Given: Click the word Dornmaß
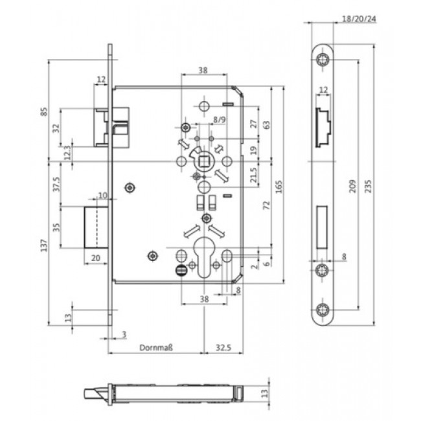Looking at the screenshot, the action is point(156,348).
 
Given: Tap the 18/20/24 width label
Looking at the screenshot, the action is point(359,19).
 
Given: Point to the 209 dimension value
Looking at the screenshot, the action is point(352,186).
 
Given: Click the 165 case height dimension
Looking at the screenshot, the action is point(279,187).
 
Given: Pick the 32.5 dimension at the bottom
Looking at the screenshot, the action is point(223,348).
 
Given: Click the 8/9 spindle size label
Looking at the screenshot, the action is point(220,120).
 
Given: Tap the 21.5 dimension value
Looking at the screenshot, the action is point(254,175).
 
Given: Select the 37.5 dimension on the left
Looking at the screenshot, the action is point(56,184).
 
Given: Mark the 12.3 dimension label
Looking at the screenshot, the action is point(67,153).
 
